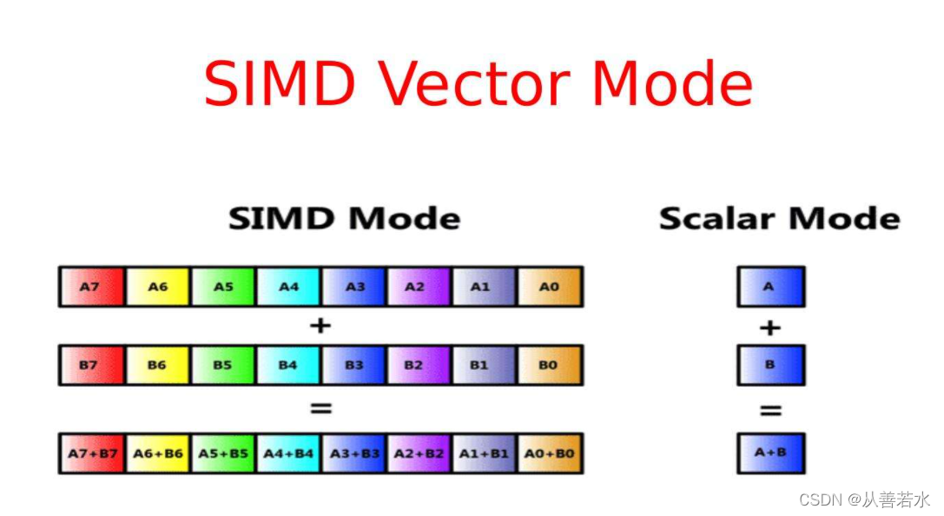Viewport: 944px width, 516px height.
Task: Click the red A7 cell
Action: (92, 287)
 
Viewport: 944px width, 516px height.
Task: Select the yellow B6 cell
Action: (157, 365)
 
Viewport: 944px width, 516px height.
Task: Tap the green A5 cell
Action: (223, 287)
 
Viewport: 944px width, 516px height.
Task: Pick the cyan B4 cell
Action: (288, 365)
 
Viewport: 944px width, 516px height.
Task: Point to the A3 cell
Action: (354, 287)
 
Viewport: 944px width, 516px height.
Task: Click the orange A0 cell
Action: (550, 287)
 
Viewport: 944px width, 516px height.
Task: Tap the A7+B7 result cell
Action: (92, 453)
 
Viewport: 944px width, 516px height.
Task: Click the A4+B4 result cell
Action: (288, 453)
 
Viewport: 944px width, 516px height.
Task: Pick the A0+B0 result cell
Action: (550, 453)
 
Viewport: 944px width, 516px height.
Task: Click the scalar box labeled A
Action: (770, 287)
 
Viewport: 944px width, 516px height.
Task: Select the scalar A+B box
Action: (770, 453)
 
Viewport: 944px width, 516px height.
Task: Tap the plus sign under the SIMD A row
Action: (320, 326)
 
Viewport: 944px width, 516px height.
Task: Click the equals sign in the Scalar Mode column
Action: (770, 409)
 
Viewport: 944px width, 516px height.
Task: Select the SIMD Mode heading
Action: (344, 218)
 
